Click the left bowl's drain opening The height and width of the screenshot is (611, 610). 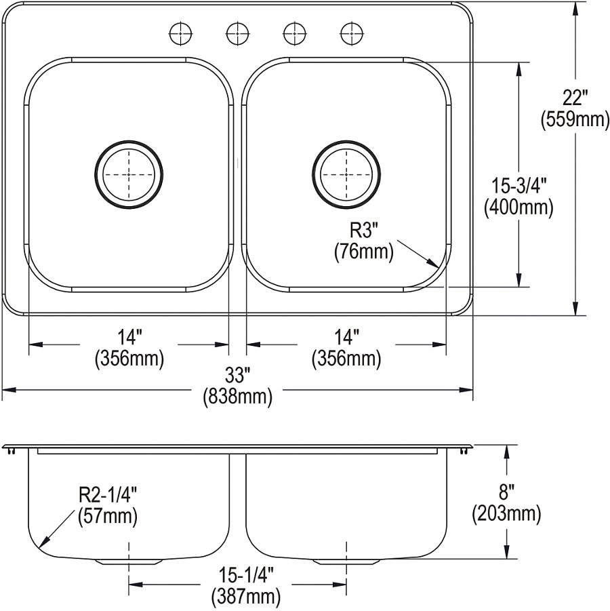click(x=129, y=174)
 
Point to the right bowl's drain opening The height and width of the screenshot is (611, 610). click(x=346, y=174)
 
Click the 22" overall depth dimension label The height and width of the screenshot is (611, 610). click(x=575, y=98)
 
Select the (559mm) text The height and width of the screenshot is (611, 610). click(x=575, y=119)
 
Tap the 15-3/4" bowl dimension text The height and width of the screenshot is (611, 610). click(x=518, y=186)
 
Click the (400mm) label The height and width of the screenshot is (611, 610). click(x=518, y=207)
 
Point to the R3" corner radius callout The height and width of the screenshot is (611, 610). click(x=364, y=231)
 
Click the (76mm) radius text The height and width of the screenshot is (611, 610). click(x=364, y=252)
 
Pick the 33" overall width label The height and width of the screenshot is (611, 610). click(x=237, y=376)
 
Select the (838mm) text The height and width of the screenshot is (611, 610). click(x=237, y=397)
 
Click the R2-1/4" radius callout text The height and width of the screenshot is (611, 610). click(x=108, y=496)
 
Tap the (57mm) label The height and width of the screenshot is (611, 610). click(x=108, y=517)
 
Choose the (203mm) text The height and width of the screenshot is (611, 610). click(x=506, y=514)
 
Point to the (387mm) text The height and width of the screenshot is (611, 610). click(x=246, y=597)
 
